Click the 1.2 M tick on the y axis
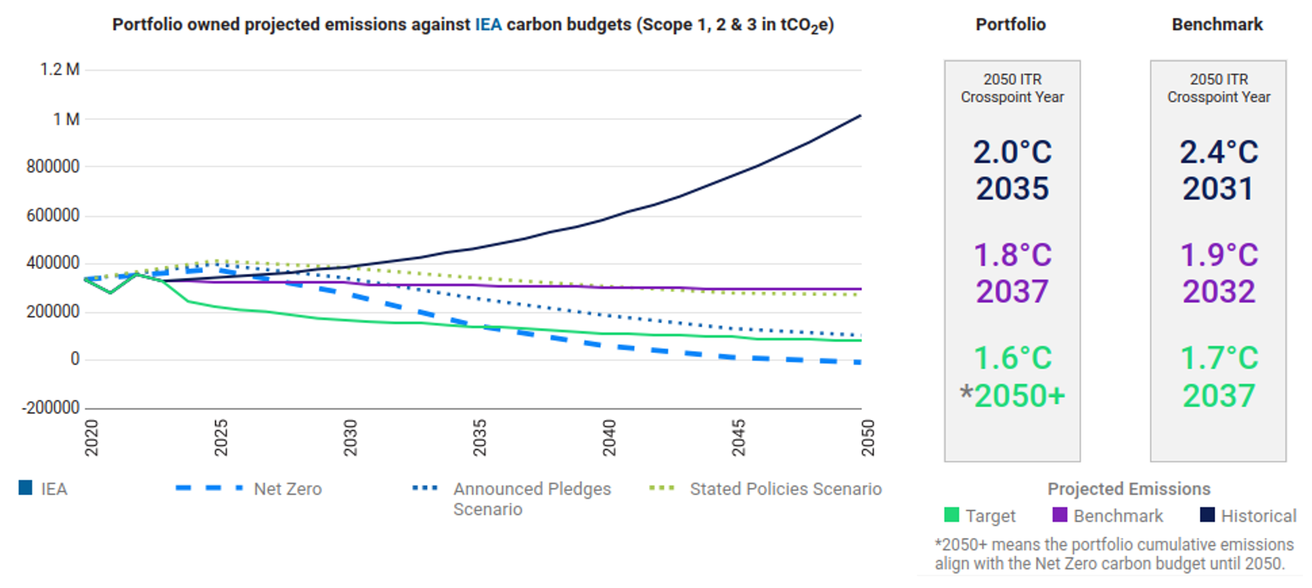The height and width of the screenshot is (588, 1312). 60,70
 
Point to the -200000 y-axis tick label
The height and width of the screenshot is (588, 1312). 51,408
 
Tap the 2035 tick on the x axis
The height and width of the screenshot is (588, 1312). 480,438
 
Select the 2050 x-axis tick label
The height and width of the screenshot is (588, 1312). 868,438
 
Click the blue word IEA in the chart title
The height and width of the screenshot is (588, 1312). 488,24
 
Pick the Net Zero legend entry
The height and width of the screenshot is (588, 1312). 287,489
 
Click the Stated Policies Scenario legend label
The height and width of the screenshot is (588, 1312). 786,489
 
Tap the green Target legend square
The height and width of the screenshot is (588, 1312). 951,515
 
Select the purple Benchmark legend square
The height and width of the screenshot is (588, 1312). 1060,515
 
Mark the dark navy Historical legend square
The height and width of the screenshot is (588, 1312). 1208,515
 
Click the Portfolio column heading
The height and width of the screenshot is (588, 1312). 1010,24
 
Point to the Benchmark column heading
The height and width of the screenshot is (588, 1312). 1217,24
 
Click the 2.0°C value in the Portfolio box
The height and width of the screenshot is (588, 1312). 1012,152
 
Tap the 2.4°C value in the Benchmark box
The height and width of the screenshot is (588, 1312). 1219,152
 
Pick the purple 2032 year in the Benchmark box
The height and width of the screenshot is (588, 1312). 1219,291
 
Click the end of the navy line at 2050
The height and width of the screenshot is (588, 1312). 861,116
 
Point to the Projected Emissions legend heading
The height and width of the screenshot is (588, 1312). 1129,489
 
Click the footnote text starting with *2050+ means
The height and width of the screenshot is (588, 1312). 1114,554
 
